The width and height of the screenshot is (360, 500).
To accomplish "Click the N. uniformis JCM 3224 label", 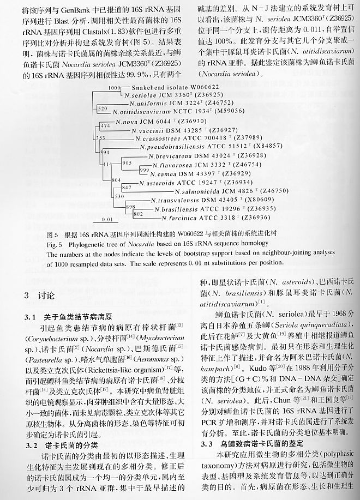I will click(158, 102).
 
